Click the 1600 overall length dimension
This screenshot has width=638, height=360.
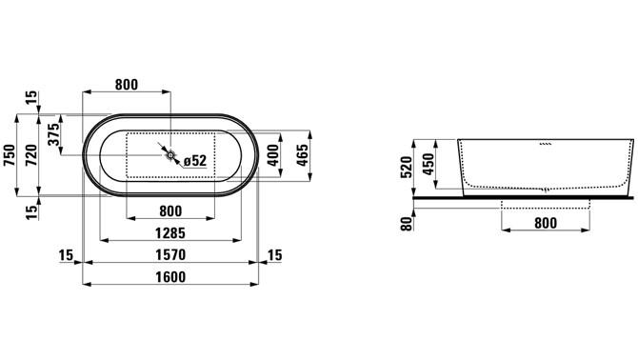[x=170, y=277]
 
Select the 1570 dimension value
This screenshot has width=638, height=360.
[x=170, y=255]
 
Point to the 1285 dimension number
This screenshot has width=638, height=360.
[x=170, y=233]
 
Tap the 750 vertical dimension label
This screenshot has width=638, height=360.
[x=10, y=154]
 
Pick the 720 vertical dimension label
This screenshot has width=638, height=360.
[x=31, y=154]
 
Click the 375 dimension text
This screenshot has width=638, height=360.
[x=53, y=134]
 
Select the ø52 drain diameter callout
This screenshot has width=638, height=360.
[x=195, y=161]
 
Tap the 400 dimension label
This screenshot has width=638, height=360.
[x=273, y=155]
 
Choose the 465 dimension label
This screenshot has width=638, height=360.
[x=302, y=155]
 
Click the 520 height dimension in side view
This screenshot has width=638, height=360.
[x=406, y=168]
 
